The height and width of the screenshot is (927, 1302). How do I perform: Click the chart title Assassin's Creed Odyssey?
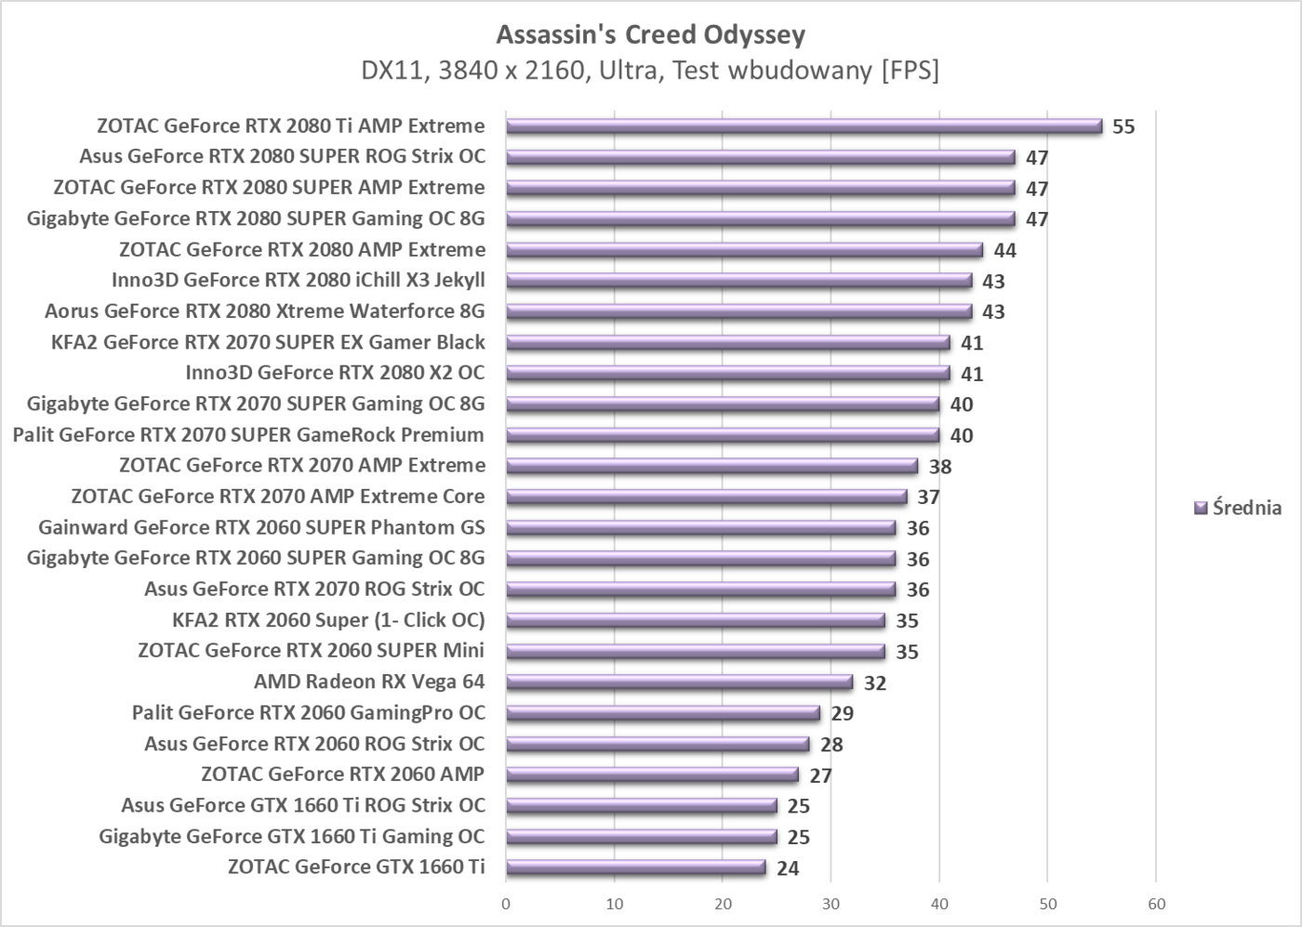tap(650, 34)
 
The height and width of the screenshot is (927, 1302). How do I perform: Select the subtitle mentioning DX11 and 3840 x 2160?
tap(650, 71)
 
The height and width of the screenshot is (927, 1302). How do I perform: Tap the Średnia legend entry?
tap(1237, 508)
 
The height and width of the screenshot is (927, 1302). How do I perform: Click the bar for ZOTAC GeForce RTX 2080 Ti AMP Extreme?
tap(804, 126)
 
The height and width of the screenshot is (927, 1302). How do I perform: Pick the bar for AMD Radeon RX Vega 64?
tap(679, 682)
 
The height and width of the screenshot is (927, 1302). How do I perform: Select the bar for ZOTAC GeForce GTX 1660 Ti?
tap(635, 867)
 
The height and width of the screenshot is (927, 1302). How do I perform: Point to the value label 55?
tap(1123, 127)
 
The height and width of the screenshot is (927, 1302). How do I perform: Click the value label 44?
tap(1004, 251)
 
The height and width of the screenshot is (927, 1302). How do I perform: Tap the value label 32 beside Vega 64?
tap(874, 683)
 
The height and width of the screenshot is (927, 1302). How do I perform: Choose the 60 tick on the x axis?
tap(1156, 904)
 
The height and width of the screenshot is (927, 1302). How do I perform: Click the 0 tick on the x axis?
tap(506, 904)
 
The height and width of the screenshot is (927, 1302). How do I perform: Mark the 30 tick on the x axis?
tap(830, 904)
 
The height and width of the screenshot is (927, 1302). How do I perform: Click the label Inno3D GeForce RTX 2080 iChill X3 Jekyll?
tap(298, 280)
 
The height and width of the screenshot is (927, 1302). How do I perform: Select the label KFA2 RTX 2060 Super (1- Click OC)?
tap(328, 620)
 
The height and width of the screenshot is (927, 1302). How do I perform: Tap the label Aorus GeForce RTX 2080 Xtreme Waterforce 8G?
tap(264, 311)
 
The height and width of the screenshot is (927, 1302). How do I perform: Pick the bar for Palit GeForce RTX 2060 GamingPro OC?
tap(663, 713)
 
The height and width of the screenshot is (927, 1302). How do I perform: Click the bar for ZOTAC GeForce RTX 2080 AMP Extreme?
tap(744, 250)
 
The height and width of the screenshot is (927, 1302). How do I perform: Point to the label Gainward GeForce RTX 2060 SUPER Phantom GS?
tap(261, 528)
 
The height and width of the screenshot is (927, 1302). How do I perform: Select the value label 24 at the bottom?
tap(788, 868)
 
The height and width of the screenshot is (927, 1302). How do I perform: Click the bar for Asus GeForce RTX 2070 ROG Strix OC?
tap(700, 589)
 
